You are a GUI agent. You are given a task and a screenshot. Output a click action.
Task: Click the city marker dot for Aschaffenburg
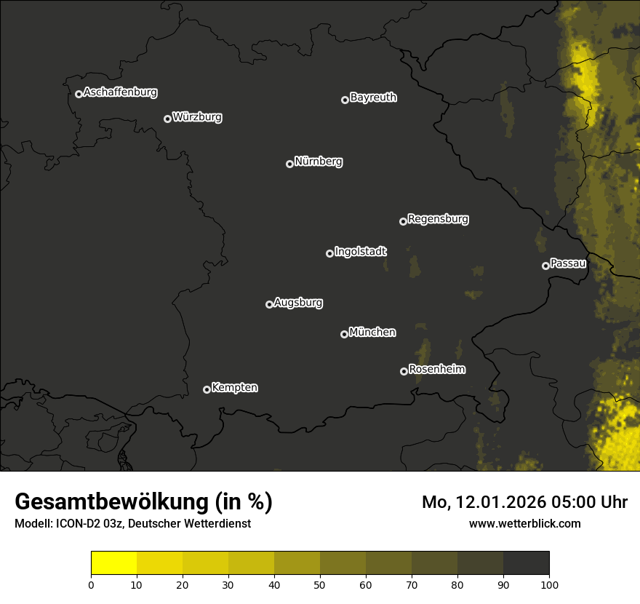coord(79,94)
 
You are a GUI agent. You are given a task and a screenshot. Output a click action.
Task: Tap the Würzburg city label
coord(196,117)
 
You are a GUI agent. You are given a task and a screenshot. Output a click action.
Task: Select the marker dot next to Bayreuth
coord(345,100)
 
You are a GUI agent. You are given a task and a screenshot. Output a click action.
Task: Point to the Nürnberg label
coord(318,162)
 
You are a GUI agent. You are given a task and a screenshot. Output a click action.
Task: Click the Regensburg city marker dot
coord(403,221)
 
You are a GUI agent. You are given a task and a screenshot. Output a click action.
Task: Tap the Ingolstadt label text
coord(360,252)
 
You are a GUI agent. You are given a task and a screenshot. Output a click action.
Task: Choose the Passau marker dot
coord(545,266)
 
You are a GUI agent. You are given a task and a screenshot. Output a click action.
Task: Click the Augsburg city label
coord(297,303)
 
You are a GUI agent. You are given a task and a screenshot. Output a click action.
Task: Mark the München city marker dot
coord(344,334)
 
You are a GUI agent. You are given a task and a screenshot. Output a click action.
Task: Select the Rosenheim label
coord(436,370)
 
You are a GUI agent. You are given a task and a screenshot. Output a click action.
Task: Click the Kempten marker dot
coord(207,389)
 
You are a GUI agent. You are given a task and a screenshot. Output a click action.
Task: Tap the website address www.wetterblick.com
coord(525,523)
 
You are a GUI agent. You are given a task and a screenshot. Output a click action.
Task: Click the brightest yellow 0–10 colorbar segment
coord(113,563)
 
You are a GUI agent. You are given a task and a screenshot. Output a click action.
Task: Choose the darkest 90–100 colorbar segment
coord(526,563)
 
